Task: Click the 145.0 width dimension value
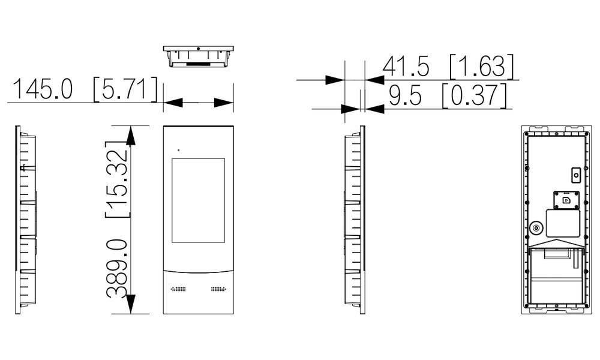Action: (43, 89)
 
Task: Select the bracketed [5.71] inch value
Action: (125, 89)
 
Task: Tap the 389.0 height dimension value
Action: (117, 269)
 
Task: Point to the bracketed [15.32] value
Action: (117, 179)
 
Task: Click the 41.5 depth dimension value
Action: (406, 66)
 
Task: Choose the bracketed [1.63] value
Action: (481, 66)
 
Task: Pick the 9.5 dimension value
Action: (405, 95)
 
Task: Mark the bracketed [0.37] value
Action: (475, 95)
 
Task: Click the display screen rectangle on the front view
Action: (198, 200)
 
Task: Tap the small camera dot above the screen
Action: (178, 150)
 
